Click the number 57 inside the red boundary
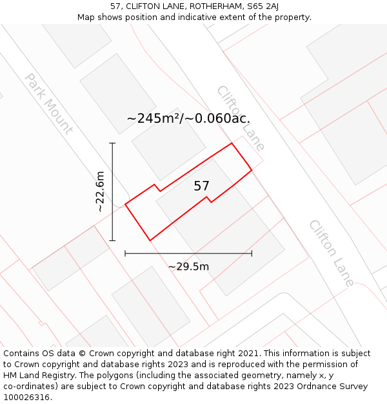tap(201, 186)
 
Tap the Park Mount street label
tap(48, 103)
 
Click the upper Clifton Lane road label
tap(241, 118)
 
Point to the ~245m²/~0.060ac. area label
tap(188, 118)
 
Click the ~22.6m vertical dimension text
tap(100, 191)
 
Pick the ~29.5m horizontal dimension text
tap(188, 267)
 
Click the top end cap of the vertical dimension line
tap(112, 143)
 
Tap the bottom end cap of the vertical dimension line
tap(112, 240)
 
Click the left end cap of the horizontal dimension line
tap(125, 253)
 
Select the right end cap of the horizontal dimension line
tap(252, 253)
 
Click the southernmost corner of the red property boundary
tap(150, 240)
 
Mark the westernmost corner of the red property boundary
tap(125, 204)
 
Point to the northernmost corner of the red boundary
tap(232, 143)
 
